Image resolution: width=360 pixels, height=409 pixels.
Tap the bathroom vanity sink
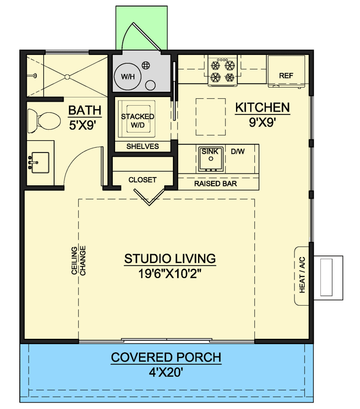click(x=40, y=160)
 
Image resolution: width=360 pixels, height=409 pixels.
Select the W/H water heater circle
click(x=127, y=77)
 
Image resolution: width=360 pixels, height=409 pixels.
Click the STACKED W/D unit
click(x=137, y=120)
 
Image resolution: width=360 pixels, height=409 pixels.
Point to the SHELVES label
click(x=143, y=147)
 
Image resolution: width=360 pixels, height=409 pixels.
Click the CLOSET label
click(x=143, y=180)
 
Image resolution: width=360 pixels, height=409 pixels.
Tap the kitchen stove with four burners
click(x=222, y=70)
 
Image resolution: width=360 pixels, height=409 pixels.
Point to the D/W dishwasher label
click(x=237, y=152)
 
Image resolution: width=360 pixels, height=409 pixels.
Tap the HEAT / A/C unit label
click(x=302, y=276)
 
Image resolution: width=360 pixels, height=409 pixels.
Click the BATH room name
click(x=85, y=110)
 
